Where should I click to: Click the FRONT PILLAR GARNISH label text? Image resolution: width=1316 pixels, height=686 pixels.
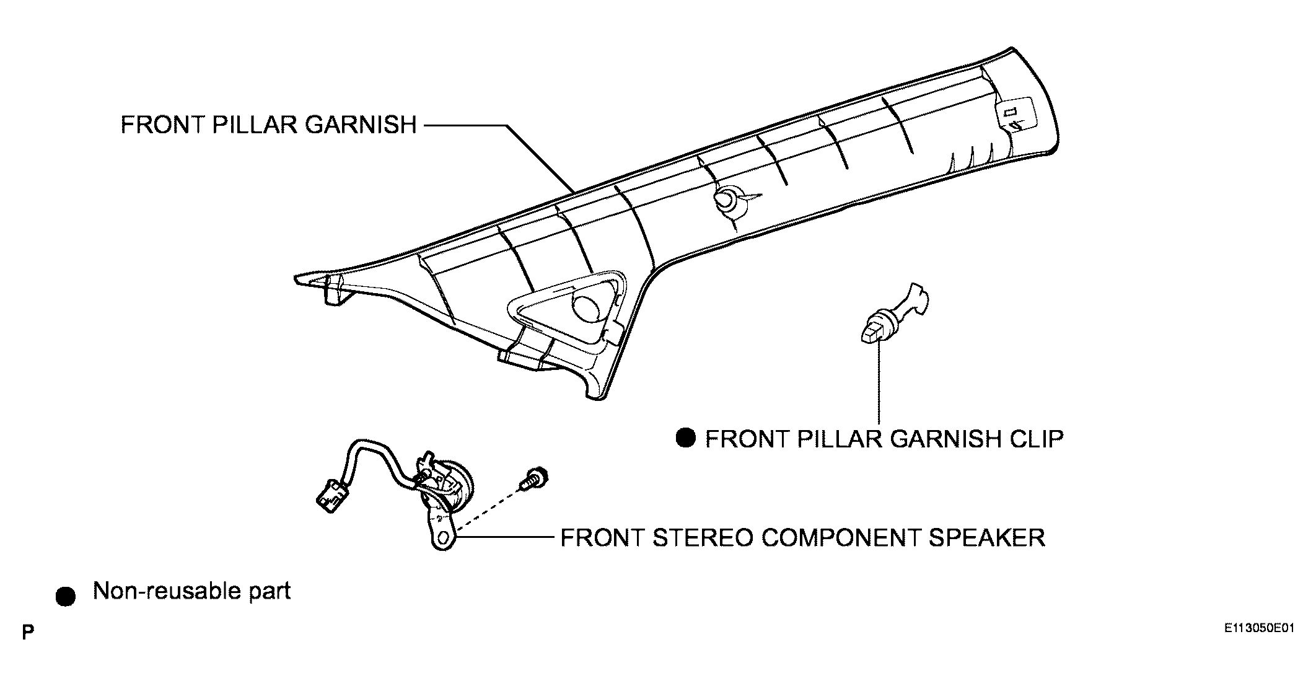coord(268,125)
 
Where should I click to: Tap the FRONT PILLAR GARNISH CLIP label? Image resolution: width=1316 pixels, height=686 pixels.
coord(884,439)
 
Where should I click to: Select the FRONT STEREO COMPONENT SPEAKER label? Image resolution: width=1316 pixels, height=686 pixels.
coord(802,538)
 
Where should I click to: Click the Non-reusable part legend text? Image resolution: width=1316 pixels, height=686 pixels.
coord(192,592)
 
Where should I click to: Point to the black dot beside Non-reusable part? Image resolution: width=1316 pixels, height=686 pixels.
coord(65,597)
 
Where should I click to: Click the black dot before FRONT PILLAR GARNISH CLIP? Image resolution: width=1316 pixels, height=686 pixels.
coord(686,438)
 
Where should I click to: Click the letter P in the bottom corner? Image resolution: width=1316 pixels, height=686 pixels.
coord(27,633)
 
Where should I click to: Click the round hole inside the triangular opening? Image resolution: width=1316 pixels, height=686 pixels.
coord(586,307)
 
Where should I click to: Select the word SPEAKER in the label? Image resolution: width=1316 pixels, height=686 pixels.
coord(986,538)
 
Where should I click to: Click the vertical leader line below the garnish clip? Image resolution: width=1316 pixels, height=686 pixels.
coord(879,381)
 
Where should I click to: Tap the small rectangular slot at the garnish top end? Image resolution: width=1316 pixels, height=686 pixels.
coord(1010,112)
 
